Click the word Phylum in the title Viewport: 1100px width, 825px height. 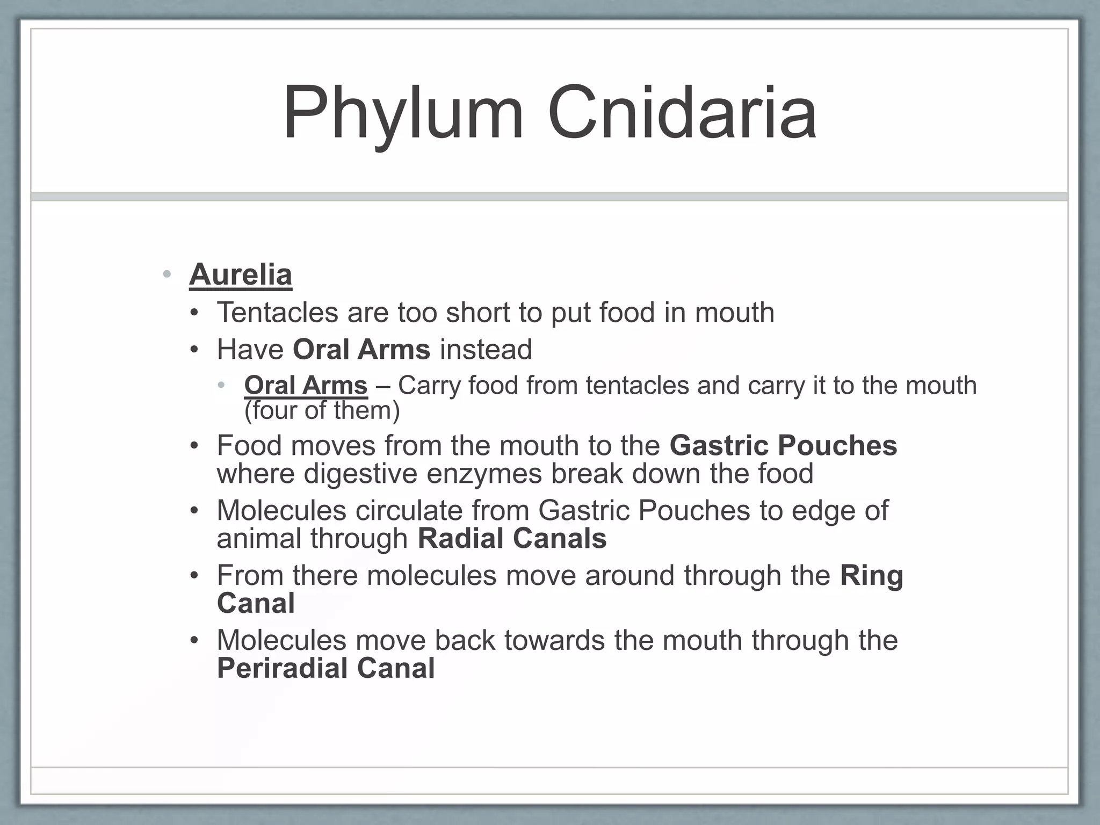click(x=403, y=113)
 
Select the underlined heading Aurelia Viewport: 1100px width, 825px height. click(x=241, y=274)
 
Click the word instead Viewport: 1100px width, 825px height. click(x=486, y=350)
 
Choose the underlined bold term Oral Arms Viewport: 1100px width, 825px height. click(x=306, y=386)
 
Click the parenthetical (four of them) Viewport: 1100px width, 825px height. click(x=322, y=411)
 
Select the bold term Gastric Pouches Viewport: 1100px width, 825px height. click(x=783, y=446)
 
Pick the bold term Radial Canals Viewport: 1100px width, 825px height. click(x=512, y=539)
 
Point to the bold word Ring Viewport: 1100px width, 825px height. click(x=871, y=576)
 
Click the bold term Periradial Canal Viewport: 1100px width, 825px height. click(x=325, y=669)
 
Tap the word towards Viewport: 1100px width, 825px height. click(x=555, y=640)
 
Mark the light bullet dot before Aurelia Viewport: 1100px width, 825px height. click(x=167, y=275)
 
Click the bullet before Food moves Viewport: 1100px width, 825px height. click(x=194, y=446)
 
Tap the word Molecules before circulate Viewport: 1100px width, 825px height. click(x=281, y=510)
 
